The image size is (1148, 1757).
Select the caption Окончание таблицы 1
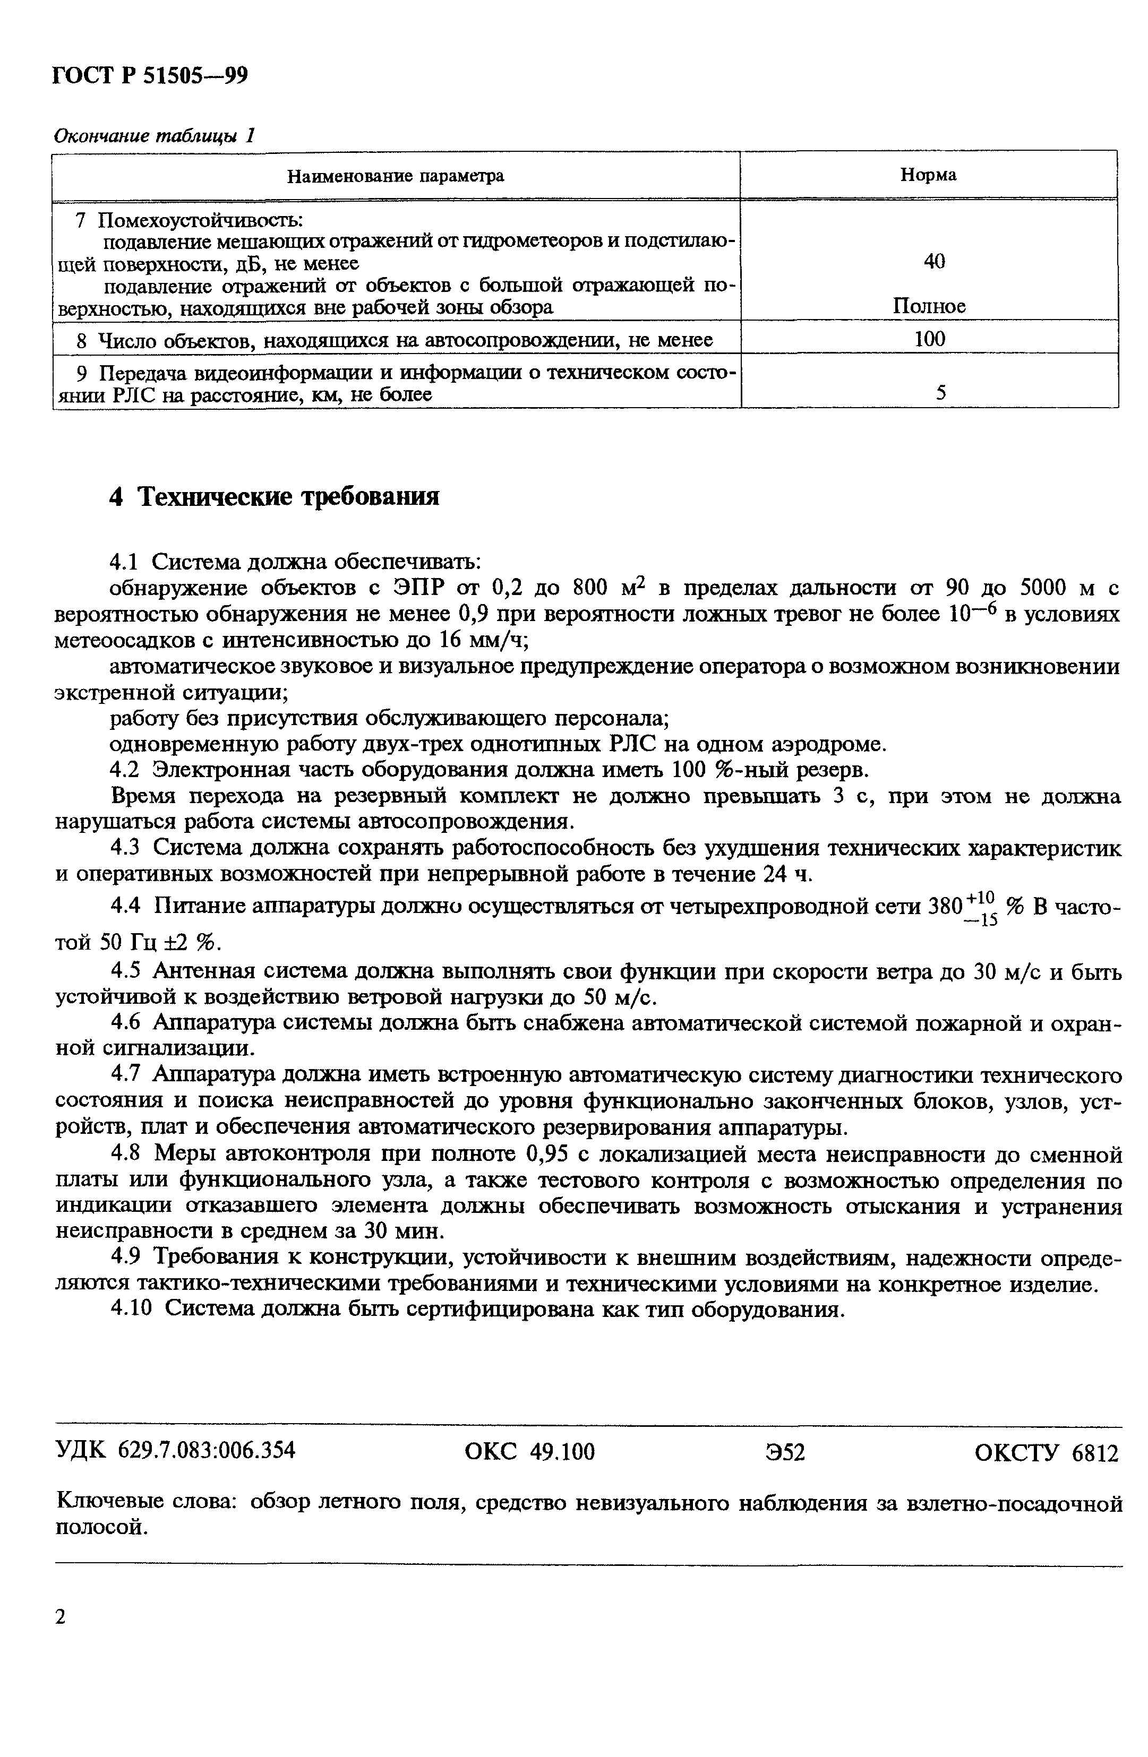(155, 136)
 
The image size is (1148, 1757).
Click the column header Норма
(928, 175)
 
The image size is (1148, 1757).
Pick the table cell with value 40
(934, 261)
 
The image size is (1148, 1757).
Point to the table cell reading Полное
(929, 306)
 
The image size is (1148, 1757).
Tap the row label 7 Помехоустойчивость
(191, 220)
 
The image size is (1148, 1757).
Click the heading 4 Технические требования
(274, 496)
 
